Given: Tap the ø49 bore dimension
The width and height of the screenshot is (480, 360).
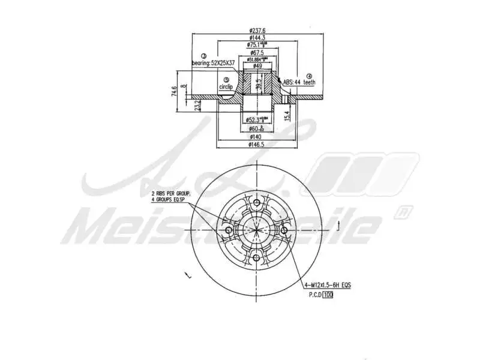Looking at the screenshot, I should tap(257, 65).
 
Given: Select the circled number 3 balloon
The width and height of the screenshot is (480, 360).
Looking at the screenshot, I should tap(203, 55).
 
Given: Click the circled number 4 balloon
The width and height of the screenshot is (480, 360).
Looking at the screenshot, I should tap(310, 76).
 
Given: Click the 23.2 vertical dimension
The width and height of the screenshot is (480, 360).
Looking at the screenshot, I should tap(198, 105).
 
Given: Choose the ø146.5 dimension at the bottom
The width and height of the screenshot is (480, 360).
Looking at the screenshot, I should tap(257, 145).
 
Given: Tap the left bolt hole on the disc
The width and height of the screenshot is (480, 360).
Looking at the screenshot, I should tap(228, 231).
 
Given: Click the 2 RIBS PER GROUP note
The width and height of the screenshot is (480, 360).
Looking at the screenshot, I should tap(170, 194).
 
